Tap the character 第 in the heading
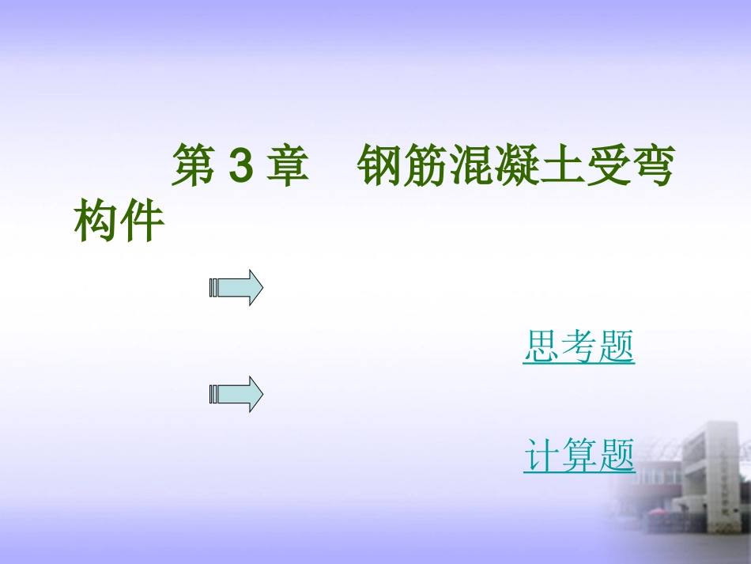click(195, 166)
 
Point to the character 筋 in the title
click(427, 166)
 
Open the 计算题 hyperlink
click(579, 456)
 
